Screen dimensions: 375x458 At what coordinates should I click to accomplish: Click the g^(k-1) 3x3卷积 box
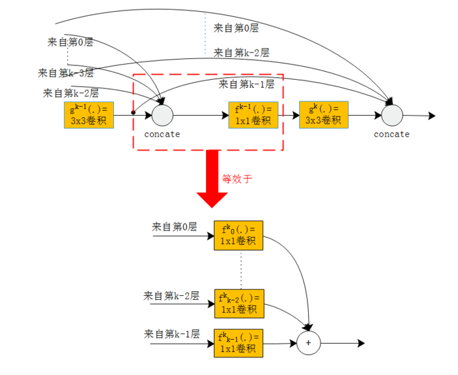coord(89,115)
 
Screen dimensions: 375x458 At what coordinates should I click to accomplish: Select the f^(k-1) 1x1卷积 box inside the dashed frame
coord(253,115)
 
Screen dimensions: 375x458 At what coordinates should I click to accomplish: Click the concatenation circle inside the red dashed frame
coord(162,115)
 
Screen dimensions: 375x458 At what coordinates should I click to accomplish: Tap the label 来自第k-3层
coord(65,73)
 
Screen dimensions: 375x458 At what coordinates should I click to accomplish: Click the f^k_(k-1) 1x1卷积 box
coord(238,343)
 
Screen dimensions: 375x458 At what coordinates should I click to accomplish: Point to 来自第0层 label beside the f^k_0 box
coord(174,227)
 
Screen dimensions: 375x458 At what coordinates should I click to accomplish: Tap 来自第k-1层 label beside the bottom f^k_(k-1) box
coord(171,334)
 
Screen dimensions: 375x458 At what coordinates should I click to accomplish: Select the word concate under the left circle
coord(162,134)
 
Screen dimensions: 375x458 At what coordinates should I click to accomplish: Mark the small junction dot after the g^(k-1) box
coord(133,113)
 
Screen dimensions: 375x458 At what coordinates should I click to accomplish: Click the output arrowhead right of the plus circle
coord(361,343)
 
